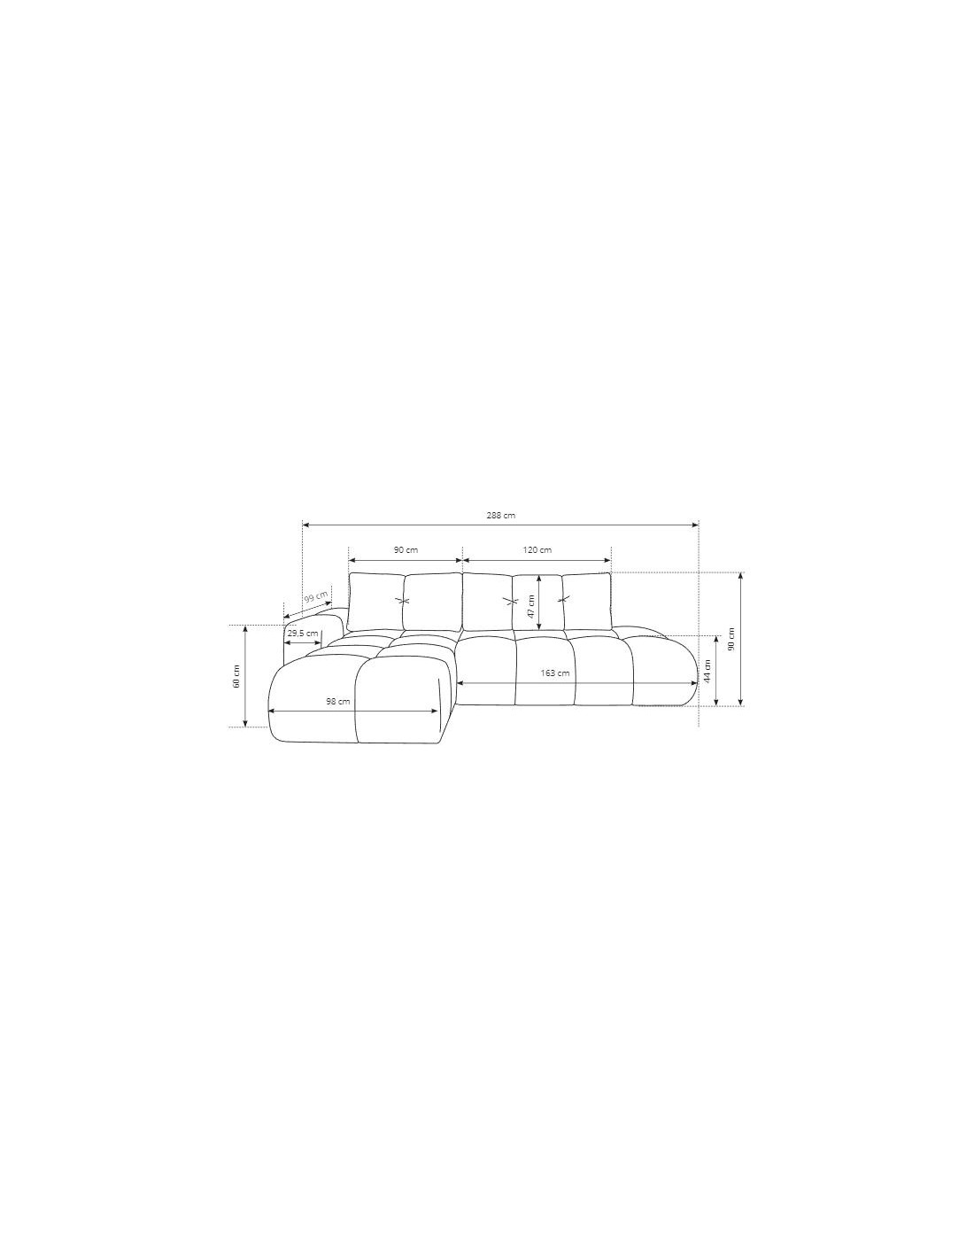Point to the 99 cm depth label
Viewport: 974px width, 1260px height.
click(x=316, y=596)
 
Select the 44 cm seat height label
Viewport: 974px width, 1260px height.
click(x=707, y=672)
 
